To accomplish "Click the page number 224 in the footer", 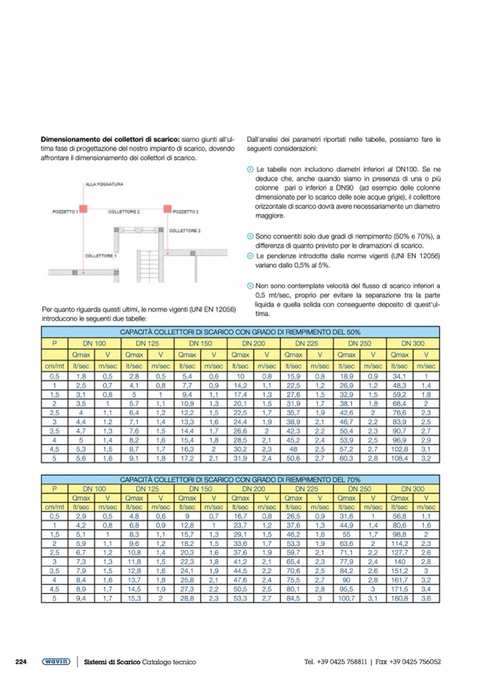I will click(21, 661).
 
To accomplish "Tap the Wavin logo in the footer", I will click(56, 661).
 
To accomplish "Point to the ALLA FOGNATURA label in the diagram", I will click(104, 184).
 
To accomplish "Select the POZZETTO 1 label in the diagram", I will click(66, 211).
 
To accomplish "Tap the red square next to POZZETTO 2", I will click(167, 210).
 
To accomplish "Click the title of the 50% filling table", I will click(240, 332).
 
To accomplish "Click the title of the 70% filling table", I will click(240, 479).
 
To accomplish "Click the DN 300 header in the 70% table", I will click(413, 488).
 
